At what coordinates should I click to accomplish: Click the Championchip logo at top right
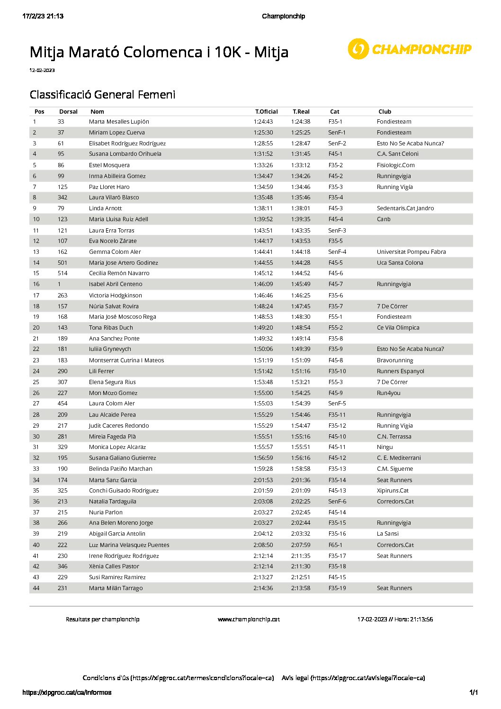coord(410,49)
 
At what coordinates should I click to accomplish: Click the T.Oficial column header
coord(266,112)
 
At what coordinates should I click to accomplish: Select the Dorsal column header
coord(68,112)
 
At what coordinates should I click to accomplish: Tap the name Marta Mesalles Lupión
coord(119,122)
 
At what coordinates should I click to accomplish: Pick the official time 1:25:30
coord(263,133)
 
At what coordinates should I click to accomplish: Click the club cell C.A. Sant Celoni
coord(398,154)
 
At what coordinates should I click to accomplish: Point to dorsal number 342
coord(63,197)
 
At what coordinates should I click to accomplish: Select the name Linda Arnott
coord(106,208)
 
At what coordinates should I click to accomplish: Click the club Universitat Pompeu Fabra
coord(411,252)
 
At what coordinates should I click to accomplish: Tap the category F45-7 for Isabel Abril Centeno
coord(335,284)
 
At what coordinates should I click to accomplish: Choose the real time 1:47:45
coord(301,306)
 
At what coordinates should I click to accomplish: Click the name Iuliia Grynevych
coord(110,349)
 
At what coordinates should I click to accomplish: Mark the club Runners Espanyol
coord(401,371)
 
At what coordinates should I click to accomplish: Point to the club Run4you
coord(388,393)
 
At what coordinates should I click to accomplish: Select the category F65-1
coord(335,545)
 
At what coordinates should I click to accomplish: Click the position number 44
coord(36,588)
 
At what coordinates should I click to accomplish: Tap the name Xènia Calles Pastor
coord(114,566)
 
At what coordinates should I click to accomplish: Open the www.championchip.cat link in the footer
coord(249,619)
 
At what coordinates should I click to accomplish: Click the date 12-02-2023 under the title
coord(42,71)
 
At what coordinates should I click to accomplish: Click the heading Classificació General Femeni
coord(102,95)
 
